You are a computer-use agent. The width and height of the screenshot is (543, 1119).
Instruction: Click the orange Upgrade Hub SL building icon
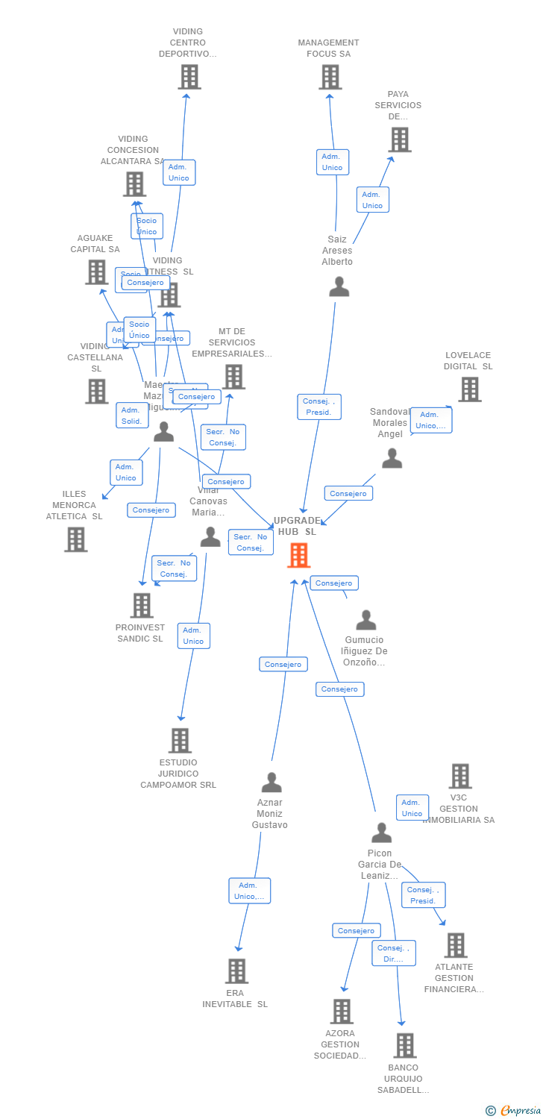[298, 555]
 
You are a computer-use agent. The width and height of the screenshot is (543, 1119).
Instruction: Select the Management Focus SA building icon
[330, 77]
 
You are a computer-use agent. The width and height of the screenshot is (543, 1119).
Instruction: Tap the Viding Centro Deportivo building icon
[189, 77]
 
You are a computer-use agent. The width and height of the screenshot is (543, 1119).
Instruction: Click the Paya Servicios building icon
[399, 140]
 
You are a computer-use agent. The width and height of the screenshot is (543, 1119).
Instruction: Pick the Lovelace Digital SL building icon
[469, 389]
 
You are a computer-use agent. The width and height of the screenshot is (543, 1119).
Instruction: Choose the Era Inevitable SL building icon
[236, 971]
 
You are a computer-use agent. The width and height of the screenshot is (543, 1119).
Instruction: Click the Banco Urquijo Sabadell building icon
[404, 1046]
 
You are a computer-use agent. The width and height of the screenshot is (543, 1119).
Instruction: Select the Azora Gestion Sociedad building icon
[341, 1012]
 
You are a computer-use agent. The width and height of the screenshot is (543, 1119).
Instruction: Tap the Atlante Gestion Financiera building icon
[455, 945]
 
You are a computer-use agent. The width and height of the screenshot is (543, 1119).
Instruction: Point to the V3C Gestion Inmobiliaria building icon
[459, 776]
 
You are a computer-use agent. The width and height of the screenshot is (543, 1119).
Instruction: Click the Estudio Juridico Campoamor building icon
[180, 741]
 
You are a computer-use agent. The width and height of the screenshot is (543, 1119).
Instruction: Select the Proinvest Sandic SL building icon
[142, 606]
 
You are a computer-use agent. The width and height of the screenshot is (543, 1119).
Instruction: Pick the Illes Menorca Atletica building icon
[75, 539]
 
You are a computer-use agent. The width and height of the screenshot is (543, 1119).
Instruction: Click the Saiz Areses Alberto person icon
[339, 287]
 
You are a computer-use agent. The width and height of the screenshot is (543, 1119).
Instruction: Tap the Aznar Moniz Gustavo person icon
[271, 783]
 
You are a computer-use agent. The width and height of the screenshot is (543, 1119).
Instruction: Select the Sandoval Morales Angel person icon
[392, 459]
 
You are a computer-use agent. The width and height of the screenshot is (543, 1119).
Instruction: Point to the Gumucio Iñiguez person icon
[365, 620]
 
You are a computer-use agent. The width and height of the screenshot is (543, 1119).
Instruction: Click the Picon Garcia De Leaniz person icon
[381, 833]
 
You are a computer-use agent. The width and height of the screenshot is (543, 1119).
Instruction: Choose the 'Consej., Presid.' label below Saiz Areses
[318, 407]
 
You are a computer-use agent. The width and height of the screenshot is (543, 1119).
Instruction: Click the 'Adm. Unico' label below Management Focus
[332, 162]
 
